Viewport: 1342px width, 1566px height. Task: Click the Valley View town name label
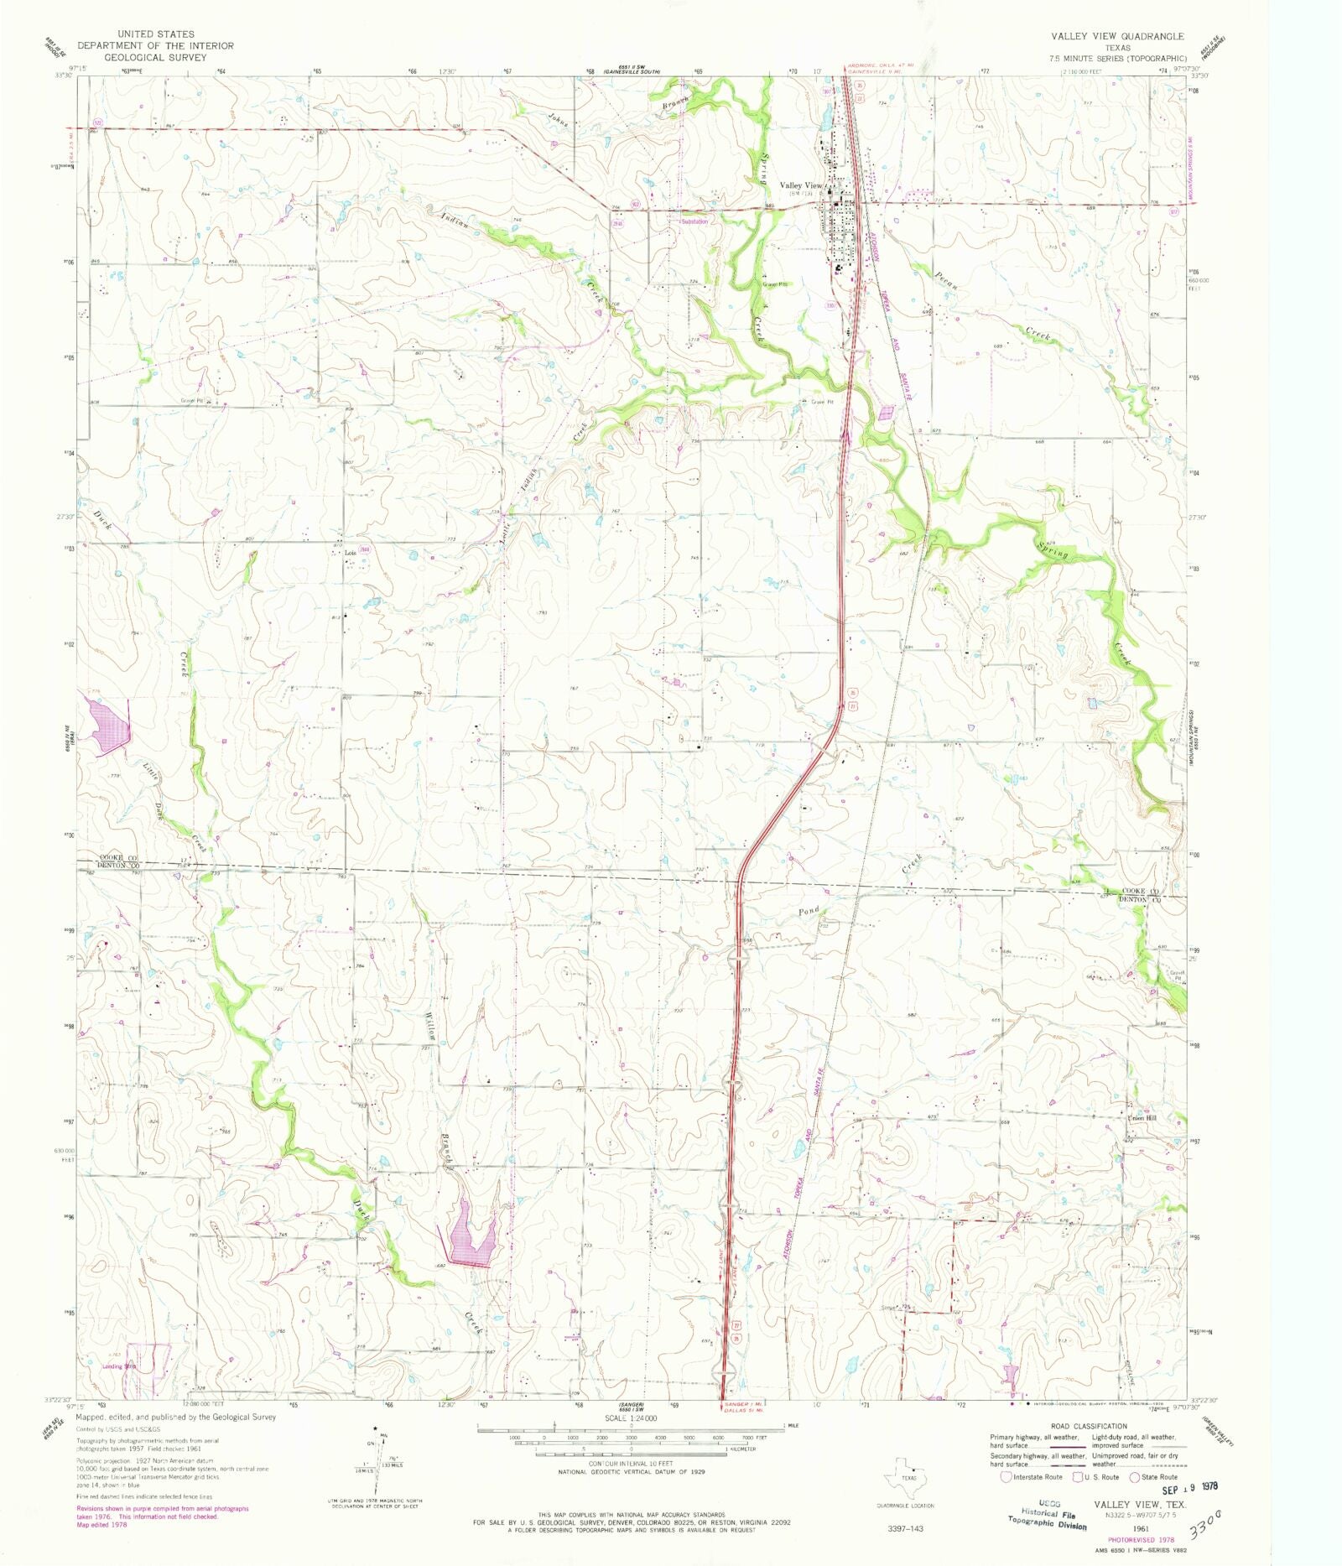802,185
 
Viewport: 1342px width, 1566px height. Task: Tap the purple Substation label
694,221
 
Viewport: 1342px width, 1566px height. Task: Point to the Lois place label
351,553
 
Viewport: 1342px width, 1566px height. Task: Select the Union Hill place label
1142,1118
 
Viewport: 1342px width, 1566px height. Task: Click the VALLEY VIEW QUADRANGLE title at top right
1118,36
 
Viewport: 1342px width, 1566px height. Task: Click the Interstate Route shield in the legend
1006,1477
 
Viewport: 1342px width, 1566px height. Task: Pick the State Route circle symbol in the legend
1135,1477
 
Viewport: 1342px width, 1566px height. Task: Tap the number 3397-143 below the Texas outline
906,1528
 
